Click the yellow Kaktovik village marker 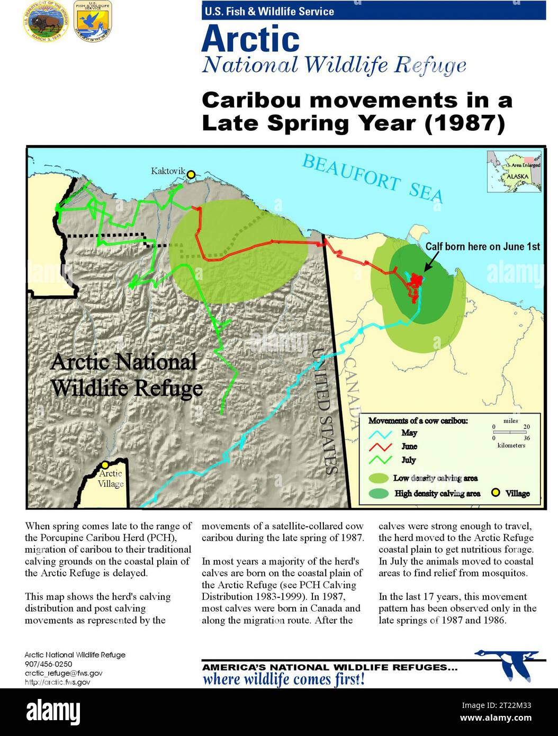[191, 174]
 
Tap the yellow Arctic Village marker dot [105, 464]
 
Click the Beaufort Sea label [372, 179]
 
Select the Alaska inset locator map [514, 172]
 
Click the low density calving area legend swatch [379, 478]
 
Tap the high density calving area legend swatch [379, 493]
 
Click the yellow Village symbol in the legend [496, 493]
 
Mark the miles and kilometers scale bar [511, 433]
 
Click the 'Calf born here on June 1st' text [482, 247]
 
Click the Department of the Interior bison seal [44, 22]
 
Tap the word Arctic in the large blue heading [250, 39]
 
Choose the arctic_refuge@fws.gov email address [64, 673]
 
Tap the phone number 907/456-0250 [48, 664]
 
